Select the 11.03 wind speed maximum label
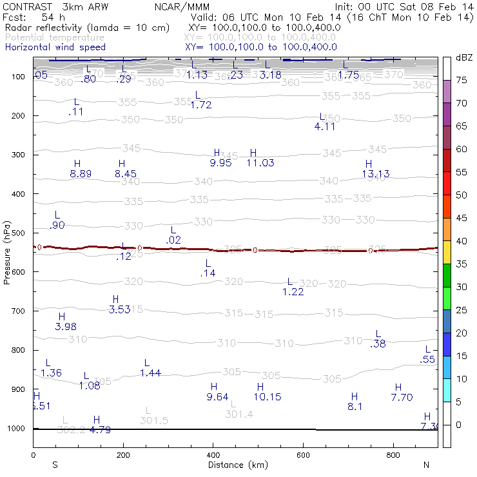click(260, 163)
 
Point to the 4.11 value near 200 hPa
click(325, 127)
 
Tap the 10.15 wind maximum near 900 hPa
click(267, 397)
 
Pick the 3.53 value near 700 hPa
click(119, 309)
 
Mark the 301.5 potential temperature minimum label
click(153, 421)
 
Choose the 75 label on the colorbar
click(462, 80)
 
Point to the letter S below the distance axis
click(55, 465)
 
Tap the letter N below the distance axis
click(426, 465)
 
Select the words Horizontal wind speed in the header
click(55, 48)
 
